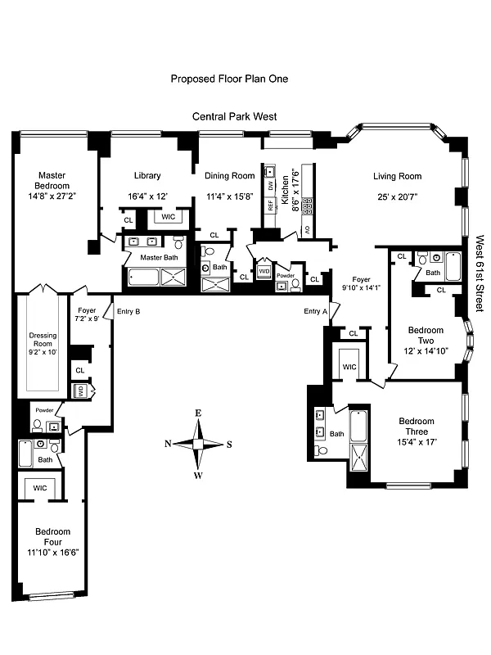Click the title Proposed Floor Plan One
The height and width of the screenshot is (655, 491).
(229, 79)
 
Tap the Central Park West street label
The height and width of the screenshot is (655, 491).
(234, 117)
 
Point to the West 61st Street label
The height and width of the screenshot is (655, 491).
(480, 273)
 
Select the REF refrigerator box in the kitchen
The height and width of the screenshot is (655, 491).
(268, 206)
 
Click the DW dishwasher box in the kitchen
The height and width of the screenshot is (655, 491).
(268, 172)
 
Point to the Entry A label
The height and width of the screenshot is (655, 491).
(315, 311)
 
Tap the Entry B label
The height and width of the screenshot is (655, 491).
(128, 311)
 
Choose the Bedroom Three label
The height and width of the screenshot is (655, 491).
(417, 427)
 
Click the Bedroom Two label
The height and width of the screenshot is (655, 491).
(426, 336)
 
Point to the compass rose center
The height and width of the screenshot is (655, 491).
(198, 444)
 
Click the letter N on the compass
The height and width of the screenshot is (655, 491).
(168, 445)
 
